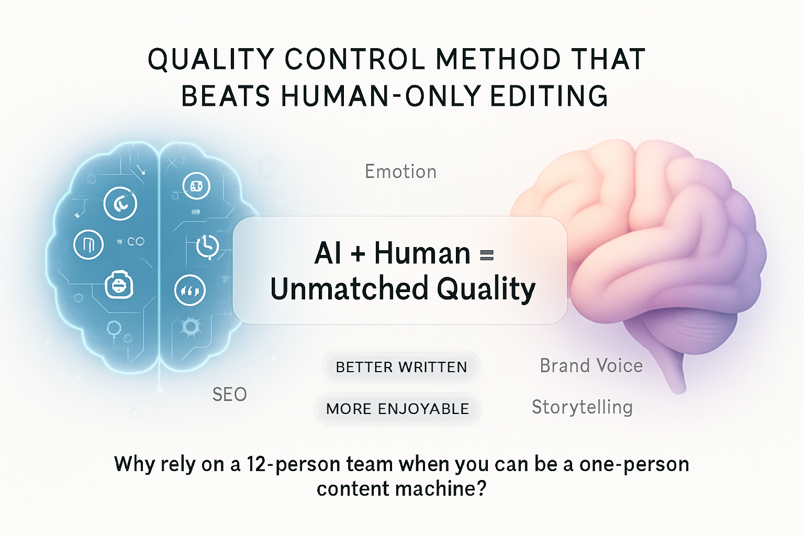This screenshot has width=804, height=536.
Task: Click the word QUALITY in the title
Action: tap(211, 59)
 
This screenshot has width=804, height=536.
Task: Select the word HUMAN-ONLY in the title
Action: tap(381, 96)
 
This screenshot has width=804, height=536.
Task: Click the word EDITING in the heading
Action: tap(549, 96)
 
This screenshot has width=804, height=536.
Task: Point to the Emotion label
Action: tap(400, 171)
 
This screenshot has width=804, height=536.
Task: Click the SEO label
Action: tap(230, 394)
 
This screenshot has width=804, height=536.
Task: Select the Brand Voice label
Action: tap(591, 366)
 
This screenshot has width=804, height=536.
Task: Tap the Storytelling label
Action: tap(582, 407)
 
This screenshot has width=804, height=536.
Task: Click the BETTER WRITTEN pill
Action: tap(401, 367)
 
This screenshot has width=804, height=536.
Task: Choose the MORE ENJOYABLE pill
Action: tap(397, 409)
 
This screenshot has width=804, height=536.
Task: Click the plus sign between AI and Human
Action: tap(358, 254)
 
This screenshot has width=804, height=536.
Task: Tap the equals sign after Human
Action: tap(487, 255)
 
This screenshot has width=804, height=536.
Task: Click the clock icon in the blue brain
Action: tap(207, 247)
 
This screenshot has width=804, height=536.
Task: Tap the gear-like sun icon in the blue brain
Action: tap(190, 327)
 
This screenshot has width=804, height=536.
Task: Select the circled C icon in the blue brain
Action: tap(120, 204)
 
